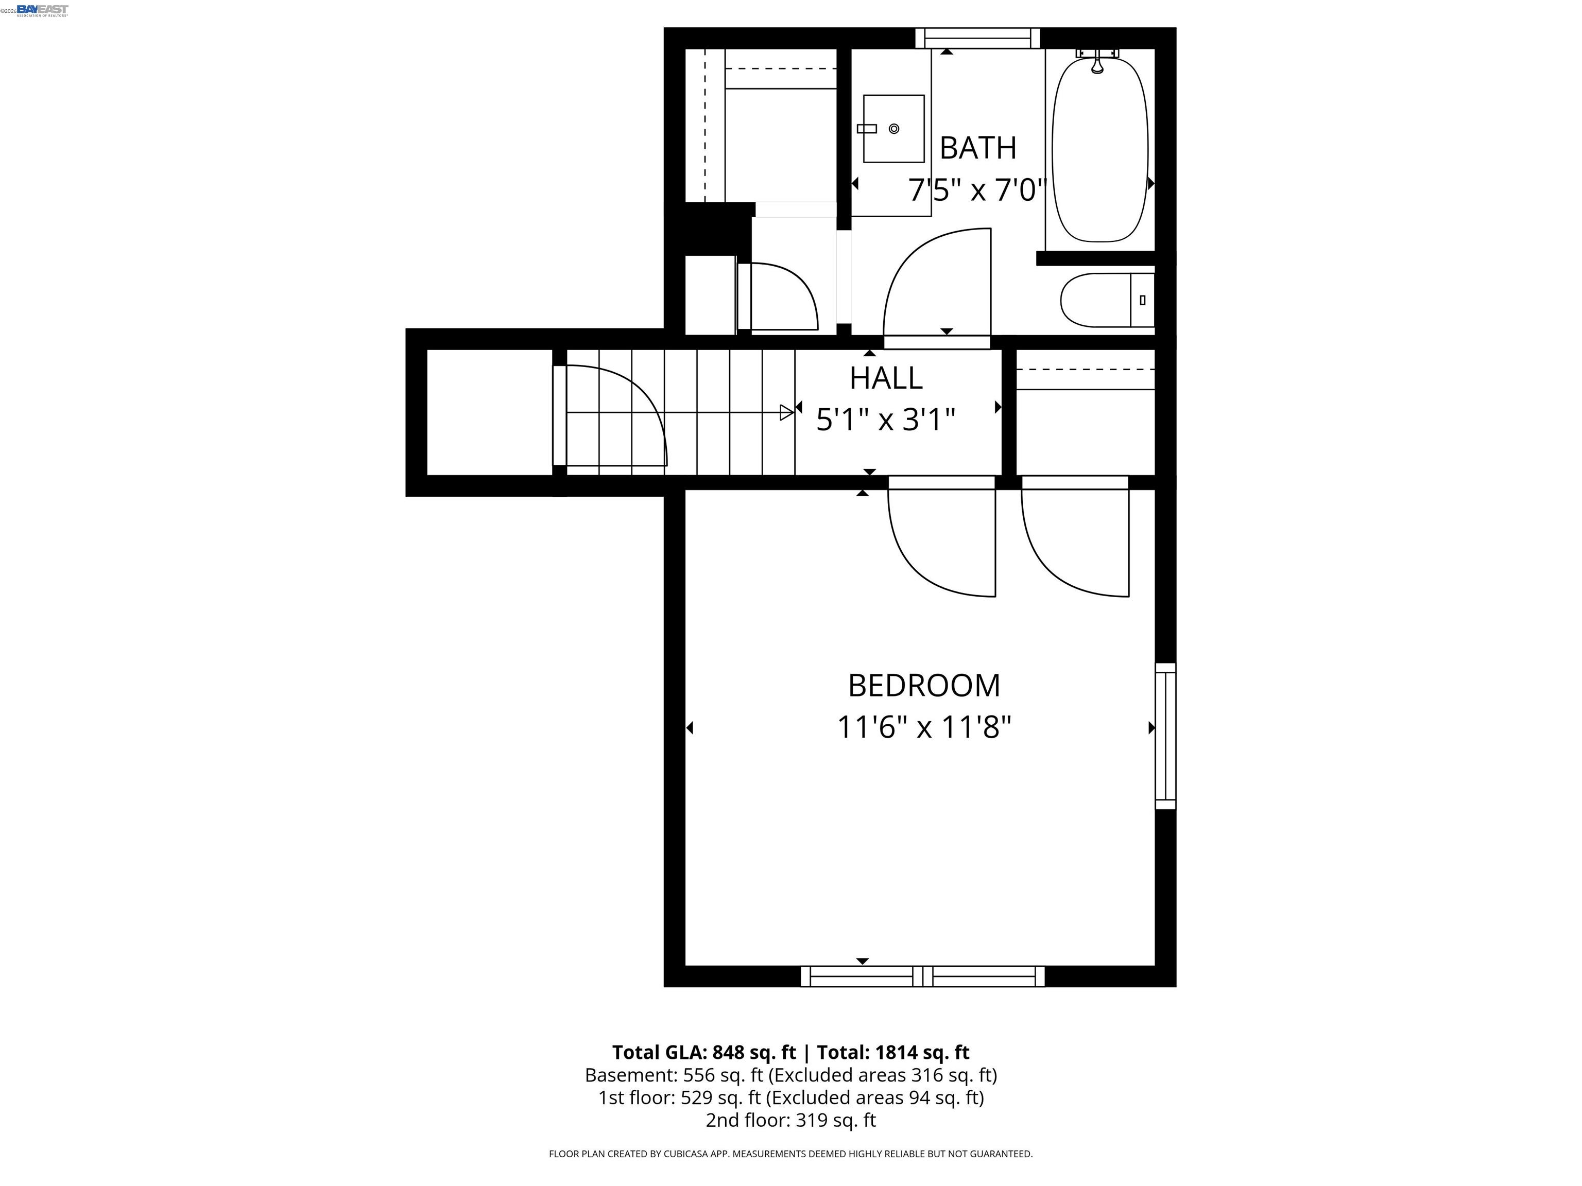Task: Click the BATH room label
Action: [x=977, y=148]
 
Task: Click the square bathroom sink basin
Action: [x=893, y=129]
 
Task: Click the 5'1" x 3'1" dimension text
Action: [x=885, y=420]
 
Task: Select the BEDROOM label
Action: [x=923, y=686]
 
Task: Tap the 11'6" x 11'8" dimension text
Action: [x=923, y=728]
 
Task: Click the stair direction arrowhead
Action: [x=787, y=412]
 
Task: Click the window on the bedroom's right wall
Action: [x=1165, y=736]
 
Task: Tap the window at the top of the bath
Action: [x=977, y=38]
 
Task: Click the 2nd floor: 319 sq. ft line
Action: [x=790, y=1120]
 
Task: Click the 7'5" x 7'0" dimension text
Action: [x=977, y=190]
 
